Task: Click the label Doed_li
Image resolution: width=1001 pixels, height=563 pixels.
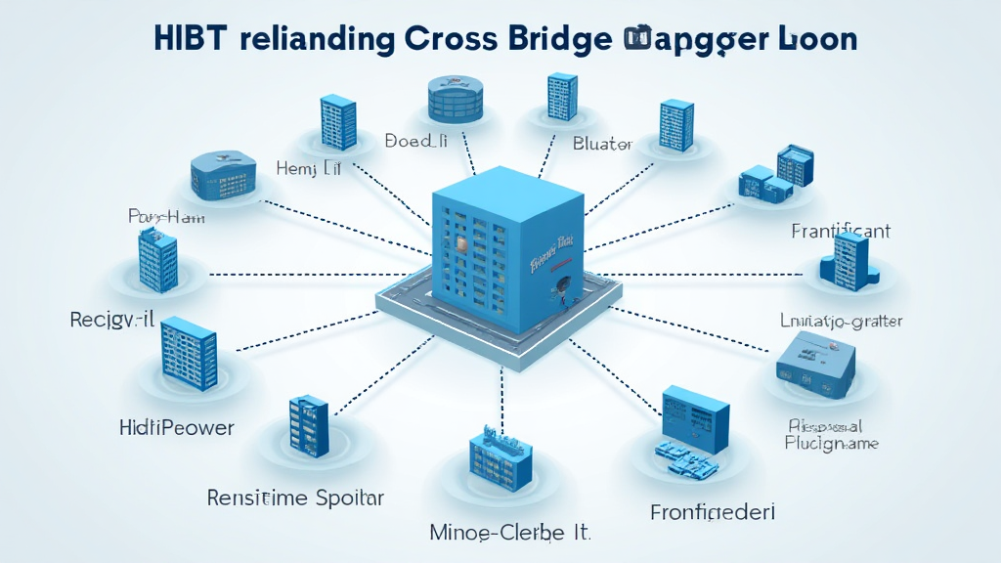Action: [415, 141]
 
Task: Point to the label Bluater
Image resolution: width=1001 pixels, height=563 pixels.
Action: [602, 144]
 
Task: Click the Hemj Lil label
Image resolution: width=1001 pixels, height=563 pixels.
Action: [309, 169]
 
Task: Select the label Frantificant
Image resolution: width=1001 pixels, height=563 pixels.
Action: [841, 232]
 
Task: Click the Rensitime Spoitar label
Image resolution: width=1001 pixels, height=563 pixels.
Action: [295, 498]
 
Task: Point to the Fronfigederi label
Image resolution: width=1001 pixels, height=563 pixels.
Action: [713, 512]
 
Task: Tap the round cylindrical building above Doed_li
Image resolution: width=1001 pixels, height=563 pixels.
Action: [456, 99]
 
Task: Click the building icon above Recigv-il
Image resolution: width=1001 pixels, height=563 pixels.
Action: [156, 261]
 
